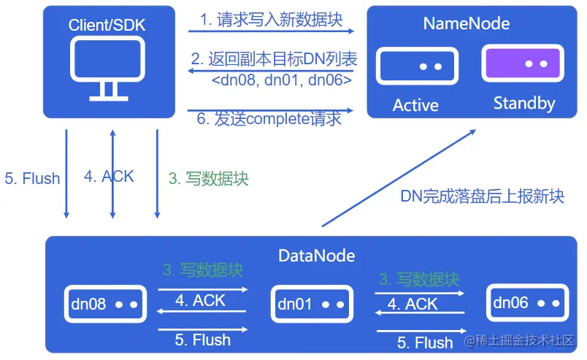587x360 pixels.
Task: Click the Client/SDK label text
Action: point(107,25)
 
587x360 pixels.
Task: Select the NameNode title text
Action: point(466,23)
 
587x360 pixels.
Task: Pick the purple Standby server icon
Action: point(523,64)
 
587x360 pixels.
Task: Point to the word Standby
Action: point(523,103)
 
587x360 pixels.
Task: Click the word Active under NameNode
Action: point(415,105)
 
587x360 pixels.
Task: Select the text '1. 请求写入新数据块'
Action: point(270,20)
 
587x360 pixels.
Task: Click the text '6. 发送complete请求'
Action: point(269,119)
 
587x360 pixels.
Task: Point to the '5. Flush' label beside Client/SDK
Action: point(32,178)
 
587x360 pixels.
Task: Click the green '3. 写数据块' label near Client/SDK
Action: point(209,178)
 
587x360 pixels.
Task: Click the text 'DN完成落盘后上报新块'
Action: point(483,196)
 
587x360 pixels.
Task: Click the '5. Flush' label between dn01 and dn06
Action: point(425,342)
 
